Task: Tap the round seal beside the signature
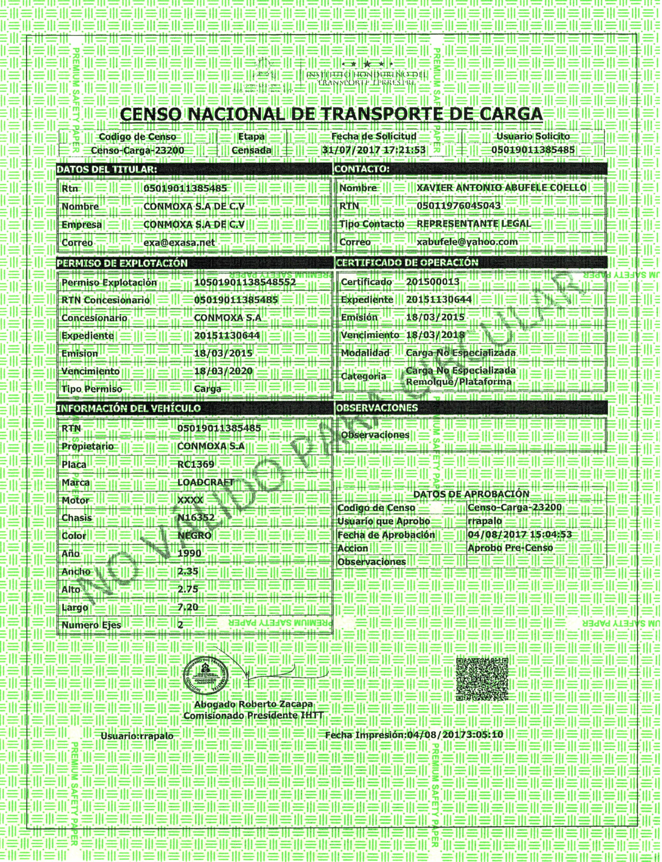206,676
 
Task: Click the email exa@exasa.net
179,243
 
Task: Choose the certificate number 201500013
433,282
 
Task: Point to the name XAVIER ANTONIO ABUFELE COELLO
501,188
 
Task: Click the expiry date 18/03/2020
223,371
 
